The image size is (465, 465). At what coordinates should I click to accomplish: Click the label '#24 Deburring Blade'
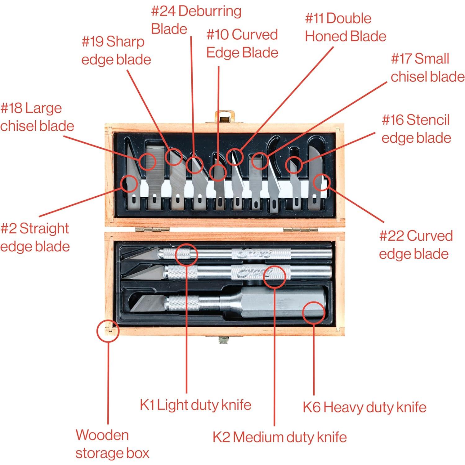[x=196, y=20]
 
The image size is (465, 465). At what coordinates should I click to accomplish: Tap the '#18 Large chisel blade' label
[x=37, y=117]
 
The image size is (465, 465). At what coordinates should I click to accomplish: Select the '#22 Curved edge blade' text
[x=416, y=245]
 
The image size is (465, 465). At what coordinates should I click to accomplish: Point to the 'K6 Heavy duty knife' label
[x=364, y=407]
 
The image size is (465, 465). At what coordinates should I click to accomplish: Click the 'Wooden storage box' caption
[x=112, y=444]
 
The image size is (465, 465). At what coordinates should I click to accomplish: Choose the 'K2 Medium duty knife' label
[x=279, y=437]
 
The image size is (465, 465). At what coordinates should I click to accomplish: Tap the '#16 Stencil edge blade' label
[x=416, y=129]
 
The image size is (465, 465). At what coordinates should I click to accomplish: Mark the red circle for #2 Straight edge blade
[x=130, y=184]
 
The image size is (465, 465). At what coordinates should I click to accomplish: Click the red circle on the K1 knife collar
[x=186, y=255]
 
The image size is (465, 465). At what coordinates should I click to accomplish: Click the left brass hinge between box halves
[x=152, y=230]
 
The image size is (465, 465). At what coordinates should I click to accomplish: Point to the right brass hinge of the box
[x=300, y=230]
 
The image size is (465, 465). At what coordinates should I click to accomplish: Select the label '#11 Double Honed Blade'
[x=346, y=27]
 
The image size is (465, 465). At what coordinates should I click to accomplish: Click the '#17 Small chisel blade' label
[x=427, y=68]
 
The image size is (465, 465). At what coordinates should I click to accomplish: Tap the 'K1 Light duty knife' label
[x=195, y=405]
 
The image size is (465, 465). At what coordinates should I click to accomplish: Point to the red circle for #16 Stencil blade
[x=293, y=164]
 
